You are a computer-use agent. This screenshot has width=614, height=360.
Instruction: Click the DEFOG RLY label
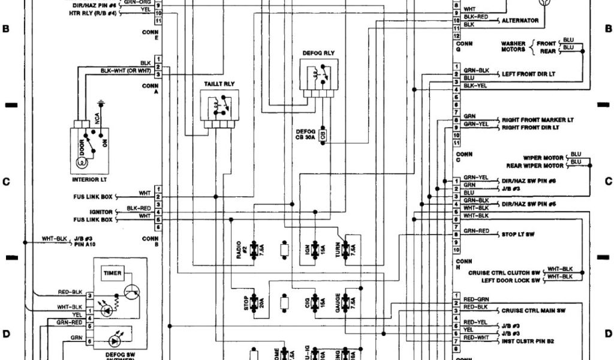[x=318, y=53]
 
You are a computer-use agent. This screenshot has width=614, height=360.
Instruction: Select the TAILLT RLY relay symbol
[x=219, y=109]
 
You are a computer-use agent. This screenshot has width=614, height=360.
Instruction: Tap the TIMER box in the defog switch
[x=112, y=273]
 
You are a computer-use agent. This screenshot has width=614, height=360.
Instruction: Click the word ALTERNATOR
[x=520, y=20]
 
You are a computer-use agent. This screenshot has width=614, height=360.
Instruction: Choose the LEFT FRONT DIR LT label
[x=529, y=73]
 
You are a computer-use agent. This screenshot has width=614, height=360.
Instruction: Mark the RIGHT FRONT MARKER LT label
[x=537, y=119]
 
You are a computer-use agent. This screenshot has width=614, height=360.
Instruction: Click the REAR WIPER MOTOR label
[x=534, y=166]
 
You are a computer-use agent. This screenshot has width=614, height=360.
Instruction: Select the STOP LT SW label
[x=517, y=235]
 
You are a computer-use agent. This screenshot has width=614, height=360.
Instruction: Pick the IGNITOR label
[x=101, y=212]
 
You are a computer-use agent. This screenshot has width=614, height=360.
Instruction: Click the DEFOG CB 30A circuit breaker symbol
[x=323, y=134]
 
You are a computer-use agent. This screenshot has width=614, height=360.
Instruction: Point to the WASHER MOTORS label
[x=513, y=46]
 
